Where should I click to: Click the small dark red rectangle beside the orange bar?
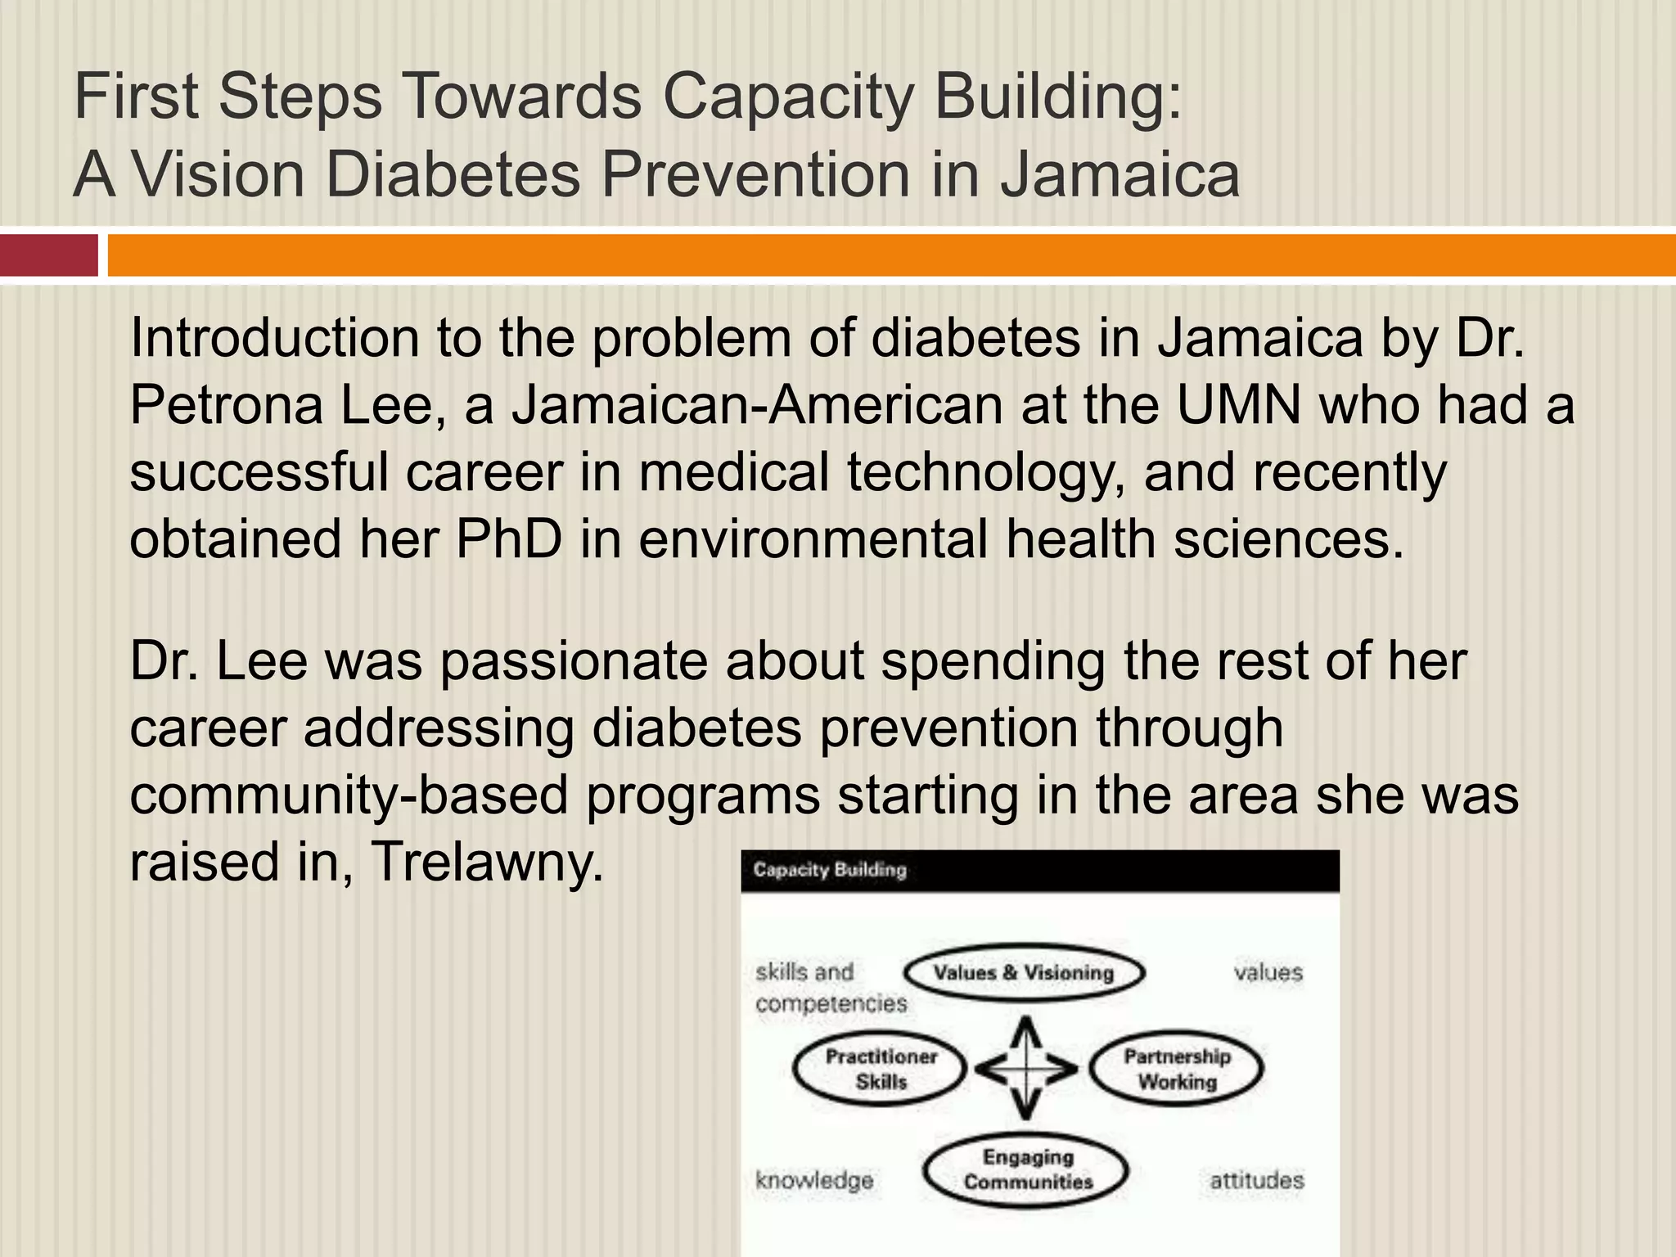[x=49, y=255]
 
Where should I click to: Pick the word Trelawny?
[x=487, y=862]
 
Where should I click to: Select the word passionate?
[x=574, y=660]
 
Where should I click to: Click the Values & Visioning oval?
[x=1024, y=973]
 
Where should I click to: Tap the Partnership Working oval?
[x=1177, y=1069]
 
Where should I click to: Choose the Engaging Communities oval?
[x=1028, y=1169]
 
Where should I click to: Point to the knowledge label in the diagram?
[x=814, y=1180]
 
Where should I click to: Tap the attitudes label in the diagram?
[x=1257, y=1180]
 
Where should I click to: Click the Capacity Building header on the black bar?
[x=830, y=870]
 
